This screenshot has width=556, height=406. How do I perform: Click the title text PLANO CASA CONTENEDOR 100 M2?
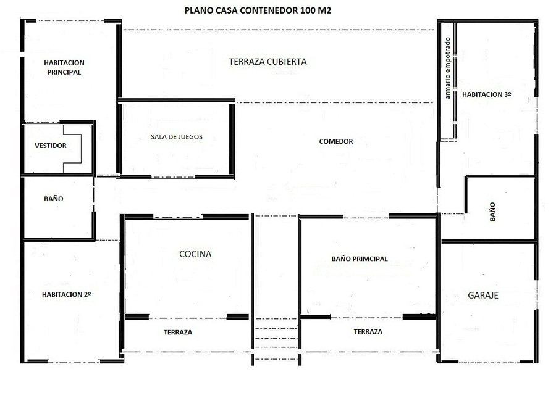258,10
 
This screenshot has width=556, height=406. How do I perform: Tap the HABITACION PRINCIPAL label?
64,67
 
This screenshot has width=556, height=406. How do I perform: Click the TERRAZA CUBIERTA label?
267,62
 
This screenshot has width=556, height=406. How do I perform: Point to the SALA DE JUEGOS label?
176,137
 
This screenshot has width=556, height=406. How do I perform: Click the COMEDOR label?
336,141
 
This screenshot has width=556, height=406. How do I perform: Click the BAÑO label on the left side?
54,199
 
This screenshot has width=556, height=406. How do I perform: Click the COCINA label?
195,254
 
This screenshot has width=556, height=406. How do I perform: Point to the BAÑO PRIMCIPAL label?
360,259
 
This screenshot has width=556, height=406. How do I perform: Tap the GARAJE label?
483,296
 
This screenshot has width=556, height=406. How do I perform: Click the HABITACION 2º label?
67,294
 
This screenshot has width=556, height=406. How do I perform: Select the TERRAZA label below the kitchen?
178,332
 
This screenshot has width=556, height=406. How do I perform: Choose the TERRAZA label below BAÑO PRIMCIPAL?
368,332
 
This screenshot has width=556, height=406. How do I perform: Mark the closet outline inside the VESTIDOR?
72,148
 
